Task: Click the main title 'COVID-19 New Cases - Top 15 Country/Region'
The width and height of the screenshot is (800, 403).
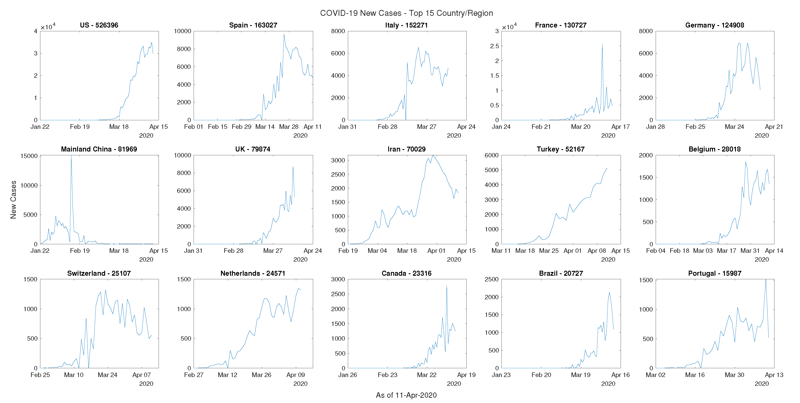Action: point(406,13)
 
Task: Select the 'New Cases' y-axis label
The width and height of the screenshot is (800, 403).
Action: point(13,200)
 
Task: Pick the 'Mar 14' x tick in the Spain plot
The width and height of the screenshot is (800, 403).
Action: point(265,127)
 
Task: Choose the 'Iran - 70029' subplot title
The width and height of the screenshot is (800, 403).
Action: point(406,149)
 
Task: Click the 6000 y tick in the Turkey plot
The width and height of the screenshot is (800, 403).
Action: point(491,155)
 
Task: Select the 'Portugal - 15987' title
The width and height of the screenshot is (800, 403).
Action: point(715,273)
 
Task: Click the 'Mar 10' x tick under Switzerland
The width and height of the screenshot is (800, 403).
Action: point(74,375)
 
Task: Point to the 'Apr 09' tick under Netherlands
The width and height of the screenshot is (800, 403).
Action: point(295,375)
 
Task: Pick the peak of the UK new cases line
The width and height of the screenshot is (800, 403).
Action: point(293,167)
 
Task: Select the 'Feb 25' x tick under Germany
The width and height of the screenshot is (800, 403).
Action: point(695,127)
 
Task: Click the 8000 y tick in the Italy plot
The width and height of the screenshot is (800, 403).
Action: point(338,31)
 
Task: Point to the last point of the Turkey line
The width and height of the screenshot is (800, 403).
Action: point(607,168)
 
